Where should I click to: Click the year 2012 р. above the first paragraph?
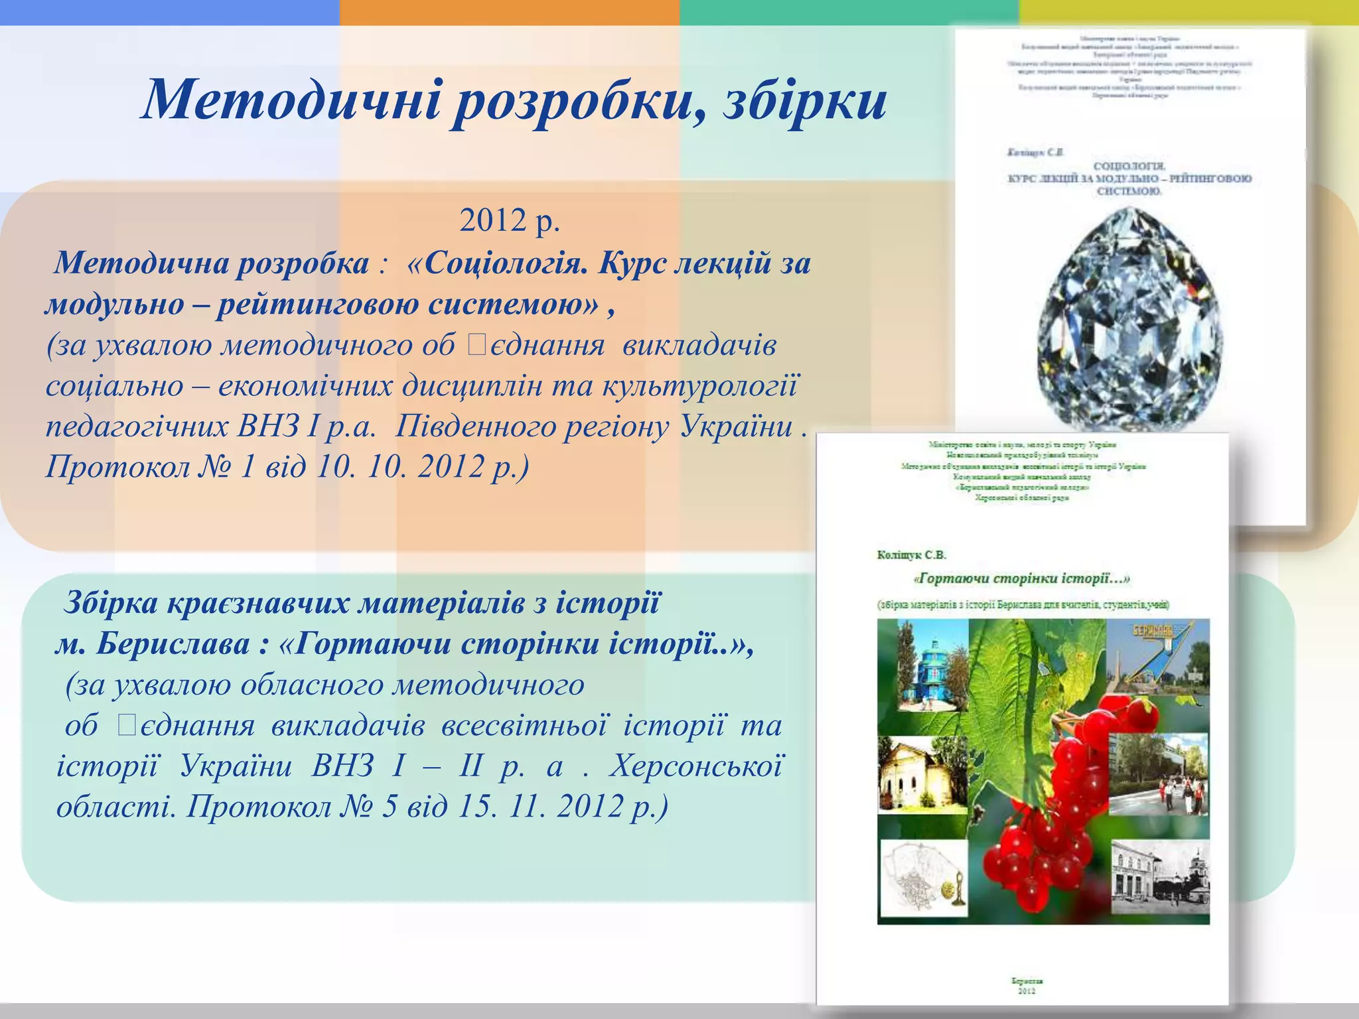point(510,221)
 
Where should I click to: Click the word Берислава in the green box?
point(173,644)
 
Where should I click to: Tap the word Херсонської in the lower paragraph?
point(696,766)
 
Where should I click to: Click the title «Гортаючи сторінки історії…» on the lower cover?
point(1021,579)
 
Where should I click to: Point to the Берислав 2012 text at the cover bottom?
point(1027,985)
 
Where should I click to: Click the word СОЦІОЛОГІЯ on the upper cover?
point(1129,166)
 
